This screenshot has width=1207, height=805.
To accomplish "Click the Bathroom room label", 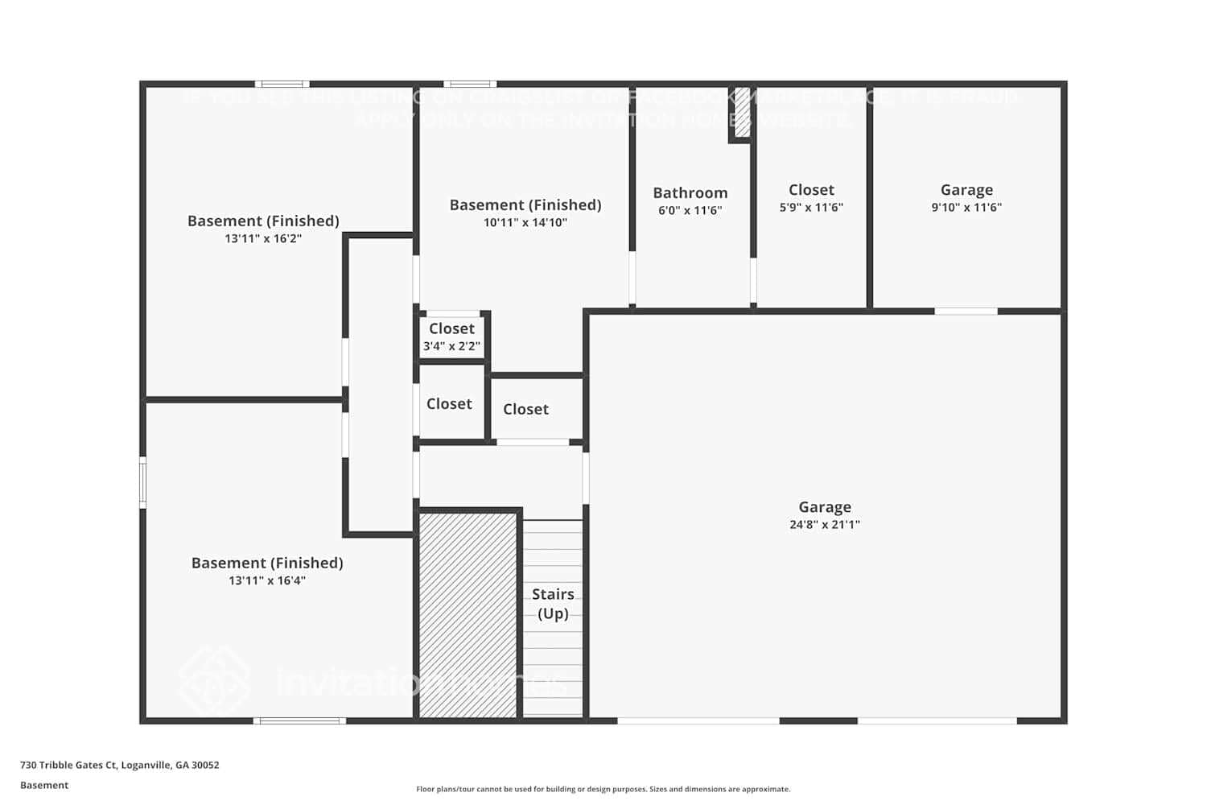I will point(690,193).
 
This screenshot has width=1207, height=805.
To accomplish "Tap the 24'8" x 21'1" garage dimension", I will point(825,525).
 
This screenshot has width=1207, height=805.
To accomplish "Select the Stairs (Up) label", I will point(553,604).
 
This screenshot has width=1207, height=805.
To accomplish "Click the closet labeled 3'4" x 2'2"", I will point(451,336).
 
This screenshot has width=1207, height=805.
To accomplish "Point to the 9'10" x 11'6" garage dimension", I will point(966,208).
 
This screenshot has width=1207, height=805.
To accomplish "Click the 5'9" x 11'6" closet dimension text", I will point(811,208).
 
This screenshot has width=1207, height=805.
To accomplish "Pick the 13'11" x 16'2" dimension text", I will point(263,239).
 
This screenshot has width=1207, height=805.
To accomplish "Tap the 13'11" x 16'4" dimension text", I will point(267,581).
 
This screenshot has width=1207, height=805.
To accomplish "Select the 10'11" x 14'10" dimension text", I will point(525,223).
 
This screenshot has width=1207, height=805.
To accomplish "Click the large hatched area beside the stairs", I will point(468,615).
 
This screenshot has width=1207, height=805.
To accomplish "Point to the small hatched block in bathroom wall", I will point(742,113).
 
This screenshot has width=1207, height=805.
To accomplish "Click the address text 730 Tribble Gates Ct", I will point(119,766).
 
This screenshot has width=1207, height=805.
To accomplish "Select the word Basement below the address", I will point(44,786).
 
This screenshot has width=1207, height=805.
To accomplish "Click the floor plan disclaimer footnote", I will point(603,790).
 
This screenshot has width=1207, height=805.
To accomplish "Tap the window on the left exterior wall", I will point(143,483).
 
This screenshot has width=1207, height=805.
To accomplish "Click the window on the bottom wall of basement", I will point(300,720).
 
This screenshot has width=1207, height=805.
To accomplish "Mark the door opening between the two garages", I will point(966,311).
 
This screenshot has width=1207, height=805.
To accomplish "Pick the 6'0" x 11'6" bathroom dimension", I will point(690,211).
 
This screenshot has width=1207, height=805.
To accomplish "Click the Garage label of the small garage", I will point(966,190).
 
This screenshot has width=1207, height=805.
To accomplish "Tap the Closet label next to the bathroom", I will point(811,190).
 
